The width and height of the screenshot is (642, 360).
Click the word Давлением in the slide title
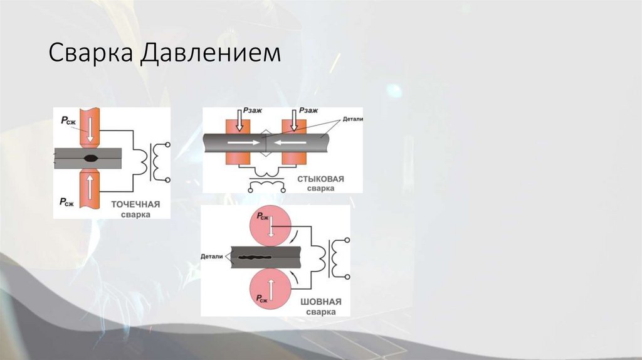(x=211, y=53)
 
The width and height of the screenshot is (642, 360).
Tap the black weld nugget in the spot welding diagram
(x=93, y=157)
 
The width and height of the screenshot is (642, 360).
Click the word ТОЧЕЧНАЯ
(x=135, y=204)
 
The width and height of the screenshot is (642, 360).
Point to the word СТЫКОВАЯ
(x=320, y=179)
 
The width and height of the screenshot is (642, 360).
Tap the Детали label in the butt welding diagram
(x=353, y=119)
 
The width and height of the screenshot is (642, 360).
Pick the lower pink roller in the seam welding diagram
(x=270, y=292)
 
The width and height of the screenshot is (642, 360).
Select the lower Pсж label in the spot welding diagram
(x=68, y=201)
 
